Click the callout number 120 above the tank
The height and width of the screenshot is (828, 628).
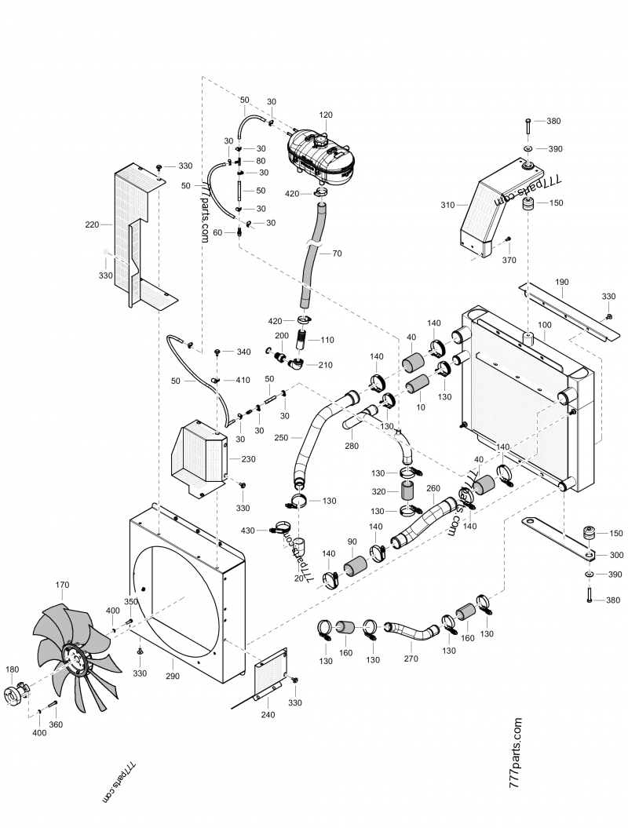click(325, 115)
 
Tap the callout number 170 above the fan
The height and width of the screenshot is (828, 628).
click(63, 585)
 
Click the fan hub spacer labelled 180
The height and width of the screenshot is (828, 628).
click(16, 694)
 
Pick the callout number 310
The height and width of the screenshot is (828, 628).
click(447, 205)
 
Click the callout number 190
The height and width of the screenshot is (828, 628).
click(561, 281)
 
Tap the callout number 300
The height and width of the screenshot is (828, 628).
click(616, 555)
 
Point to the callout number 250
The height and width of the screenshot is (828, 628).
click(281, 437)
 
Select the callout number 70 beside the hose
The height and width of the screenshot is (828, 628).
click(337, 254)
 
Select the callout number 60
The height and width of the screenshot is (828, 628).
click(219, 232)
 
